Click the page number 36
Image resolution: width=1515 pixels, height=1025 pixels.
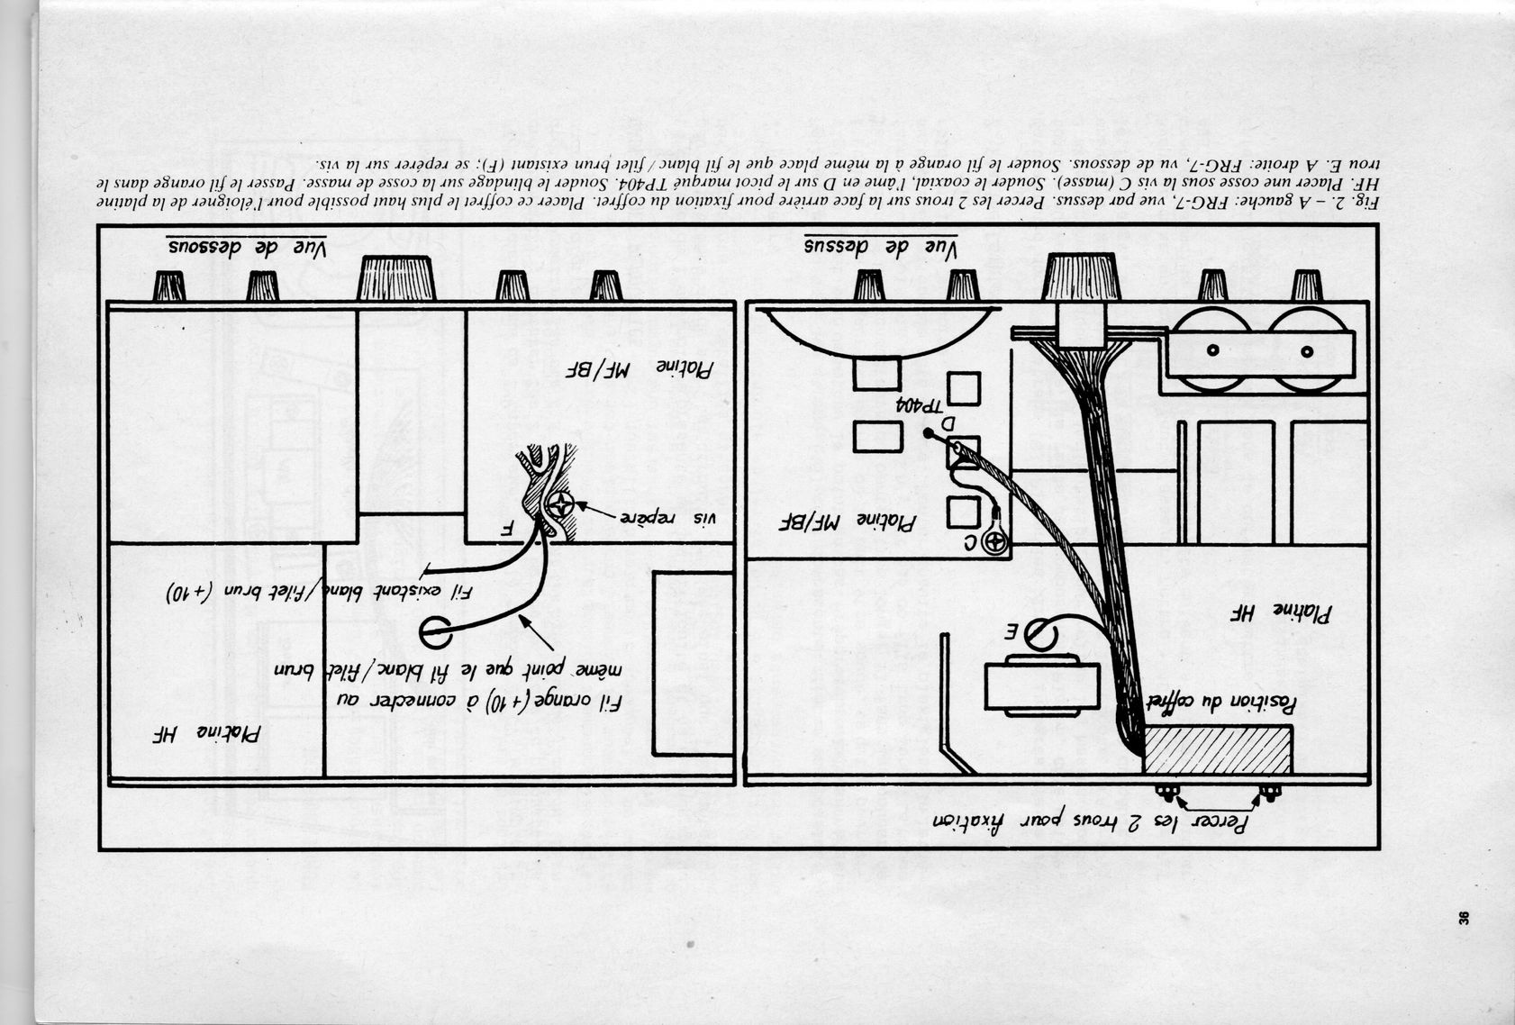pos(1464,919)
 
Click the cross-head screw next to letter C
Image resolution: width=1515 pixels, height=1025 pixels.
pos(994,542)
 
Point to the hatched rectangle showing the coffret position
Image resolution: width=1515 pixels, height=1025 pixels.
pos(1218,748)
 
